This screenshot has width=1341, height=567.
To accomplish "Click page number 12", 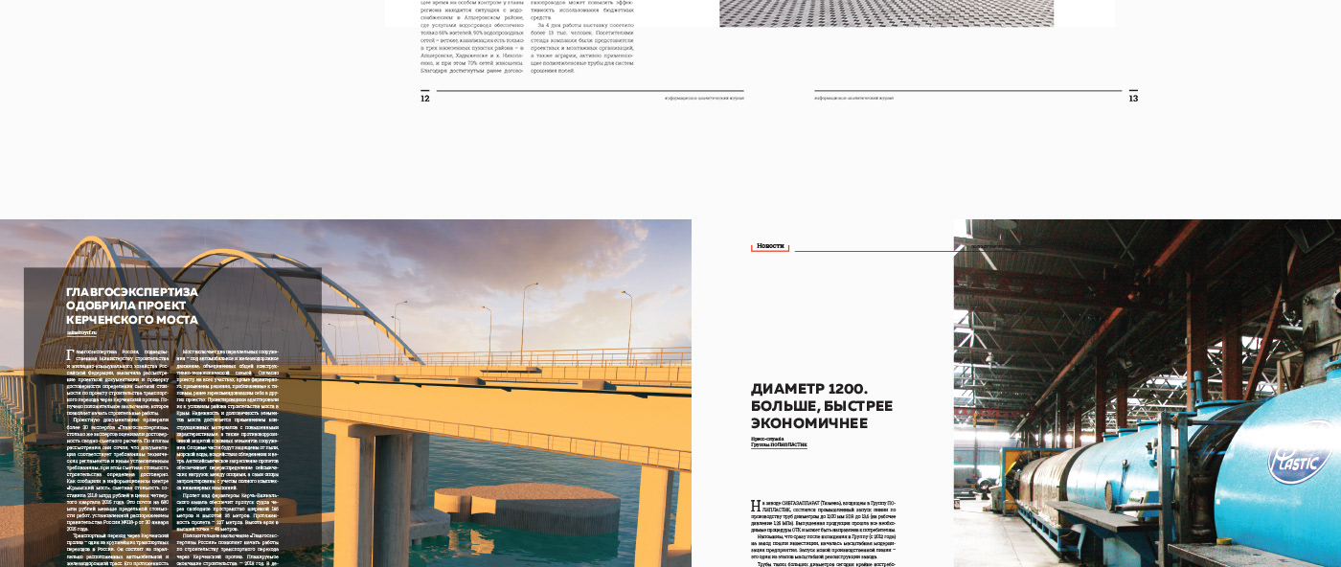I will [425, 98].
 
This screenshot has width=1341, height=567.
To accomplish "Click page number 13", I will [1133, 98].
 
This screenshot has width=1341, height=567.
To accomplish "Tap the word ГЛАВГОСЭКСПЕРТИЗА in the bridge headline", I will [132, 291].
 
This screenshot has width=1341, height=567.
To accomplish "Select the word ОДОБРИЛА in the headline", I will [102, 306].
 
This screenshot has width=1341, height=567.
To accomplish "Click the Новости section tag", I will [770, 246].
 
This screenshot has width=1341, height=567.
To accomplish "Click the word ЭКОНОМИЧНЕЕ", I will [809, 422].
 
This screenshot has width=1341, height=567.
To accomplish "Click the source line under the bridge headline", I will [82, 332].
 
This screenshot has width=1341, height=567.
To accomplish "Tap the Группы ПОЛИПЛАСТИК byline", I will [779, 445].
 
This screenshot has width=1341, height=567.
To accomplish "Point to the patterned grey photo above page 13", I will [886, 12].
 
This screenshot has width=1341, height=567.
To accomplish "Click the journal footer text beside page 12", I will [704, 98].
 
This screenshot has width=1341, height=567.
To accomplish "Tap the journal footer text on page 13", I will [854, 98].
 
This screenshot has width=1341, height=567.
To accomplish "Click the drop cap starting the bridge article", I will [69, 354].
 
